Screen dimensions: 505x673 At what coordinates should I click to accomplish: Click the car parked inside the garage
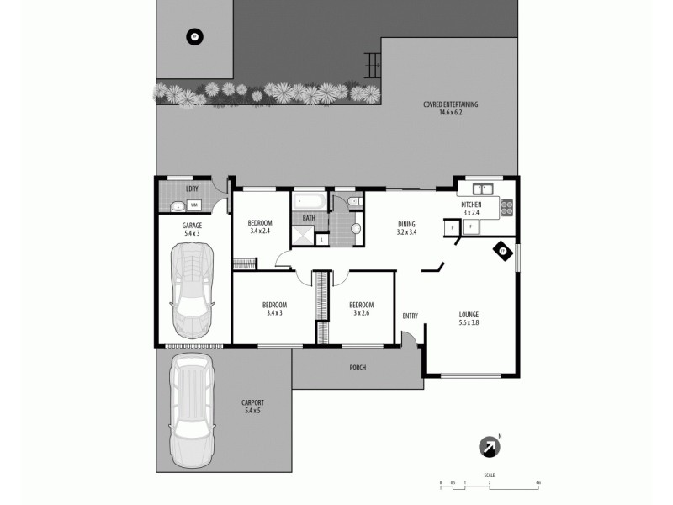pos(192,289)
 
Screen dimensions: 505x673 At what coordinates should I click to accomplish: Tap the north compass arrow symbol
pos(489,447)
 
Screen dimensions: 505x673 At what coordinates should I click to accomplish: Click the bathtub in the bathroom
pos(308,201)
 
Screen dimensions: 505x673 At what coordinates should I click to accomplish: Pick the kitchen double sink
pos(482,188)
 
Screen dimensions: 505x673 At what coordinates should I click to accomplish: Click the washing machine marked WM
pos(194,205)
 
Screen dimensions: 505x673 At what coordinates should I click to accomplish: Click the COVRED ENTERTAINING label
pos(450,108)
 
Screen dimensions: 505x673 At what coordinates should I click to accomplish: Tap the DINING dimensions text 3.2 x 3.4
pos(407,231)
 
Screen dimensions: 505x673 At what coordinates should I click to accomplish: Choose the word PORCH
pos(358,368)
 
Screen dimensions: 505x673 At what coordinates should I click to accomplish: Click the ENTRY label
pos(410,316)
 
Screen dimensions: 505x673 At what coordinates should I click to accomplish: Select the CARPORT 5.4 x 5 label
pos(252,407)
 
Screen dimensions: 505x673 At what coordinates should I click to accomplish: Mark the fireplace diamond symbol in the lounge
pos(502,250)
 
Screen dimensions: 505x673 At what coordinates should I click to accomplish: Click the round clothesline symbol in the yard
pos(194,36)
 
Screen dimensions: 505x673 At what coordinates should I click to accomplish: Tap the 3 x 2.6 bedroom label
pos(361,313)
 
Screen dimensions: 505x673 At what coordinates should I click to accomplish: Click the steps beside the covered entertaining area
pos(369,64)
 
